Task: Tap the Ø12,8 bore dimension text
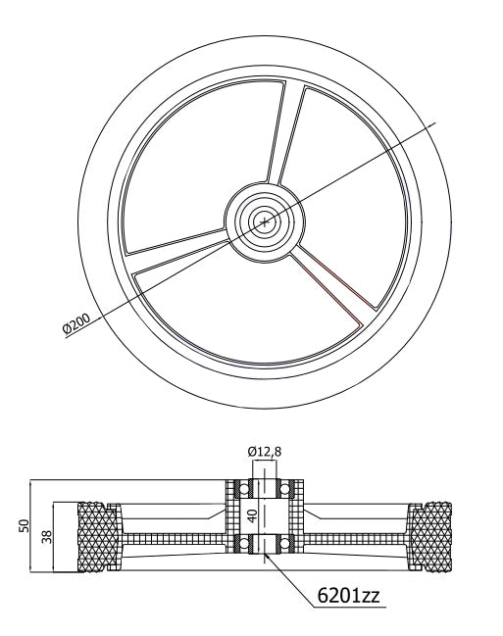click(x=265, y=451)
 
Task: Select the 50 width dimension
click(x=25, y=526)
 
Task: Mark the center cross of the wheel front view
click(x=263, y=222)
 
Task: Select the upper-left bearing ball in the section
click(x=239, y=488)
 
